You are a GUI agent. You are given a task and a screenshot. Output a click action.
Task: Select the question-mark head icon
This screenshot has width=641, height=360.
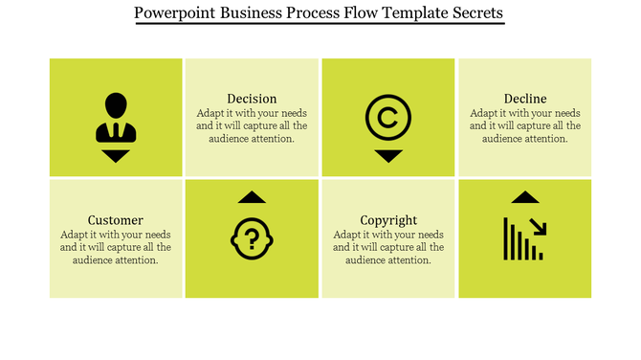[252, 238]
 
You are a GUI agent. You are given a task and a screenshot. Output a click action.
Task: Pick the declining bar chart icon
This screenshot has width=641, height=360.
[524, 238]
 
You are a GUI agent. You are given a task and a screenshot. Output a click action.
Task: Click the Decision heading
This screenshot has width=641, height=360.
[252, 99]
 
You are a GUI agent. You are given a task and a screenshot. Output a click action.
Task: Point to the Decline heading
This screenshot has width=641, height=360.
[525, 99]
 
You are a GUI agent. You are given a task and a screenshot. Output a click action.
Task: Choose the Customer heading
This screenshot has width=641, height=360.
[115, 219]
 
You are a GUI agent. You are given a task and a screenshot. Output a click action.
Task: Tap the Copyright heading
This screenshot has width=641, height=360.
[388, 219]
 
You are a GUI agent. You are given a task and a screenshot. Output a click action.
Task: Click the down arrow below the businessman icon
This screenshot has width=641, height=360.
[116, 156]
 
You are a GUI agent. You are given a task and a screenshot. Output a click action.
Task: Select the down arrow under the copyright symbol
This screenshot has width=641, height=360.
[388, 156]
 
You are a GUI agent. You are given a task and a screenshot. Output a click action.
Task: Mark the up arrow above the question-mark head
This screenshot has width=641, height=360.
[252, 197]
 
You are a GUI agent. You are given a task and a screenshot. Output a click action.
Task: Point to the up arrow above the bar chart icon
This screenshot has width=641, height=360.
[524, 197]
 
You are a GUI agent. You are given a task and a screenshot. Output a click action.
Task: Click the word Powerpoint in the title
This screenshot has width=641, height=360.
[178, 13]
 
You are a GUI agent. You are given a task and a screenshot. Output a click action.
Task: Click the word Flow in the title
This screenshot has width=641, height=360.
[338, 13]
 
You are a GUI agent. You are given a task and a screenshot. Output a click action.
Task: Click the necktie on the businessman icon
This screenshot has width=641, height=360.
[116, 129]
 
